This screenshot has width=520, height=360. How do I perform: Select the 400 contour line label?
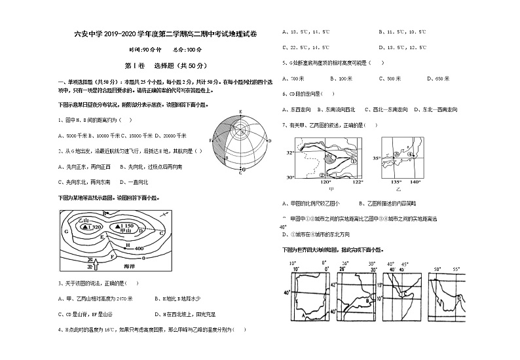[138, 249]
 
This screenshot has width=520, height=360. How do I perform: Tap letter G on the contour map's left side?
[65, 230]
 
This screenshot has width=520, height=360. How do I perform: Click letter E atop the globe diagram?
[240, 112]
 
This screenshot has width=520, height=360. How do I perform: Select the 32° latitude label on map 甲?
[290, 153]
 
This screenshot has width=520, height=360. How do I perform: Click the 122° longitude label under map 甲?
[356, 182]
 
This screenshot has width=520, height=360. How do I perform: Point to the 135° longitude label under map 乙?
[396, 182]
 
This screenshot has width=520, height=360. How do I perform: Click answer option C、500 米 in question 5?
[391, 78]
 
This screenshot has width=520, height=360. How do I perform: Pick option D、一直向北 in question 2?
[134, 181]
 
